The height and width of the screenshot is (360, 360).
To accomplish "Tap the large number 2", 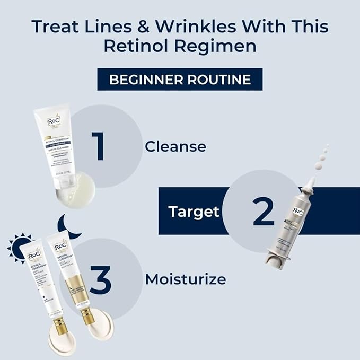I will click(x=263, y=211).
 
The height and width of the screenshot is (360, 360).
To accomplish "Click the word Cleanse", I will click(x=175, y=146).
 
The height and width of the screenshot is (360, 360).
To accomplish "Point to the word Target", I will click(x=194, y=212).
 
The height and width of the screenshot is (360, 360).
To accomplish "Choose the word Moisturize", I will click(x=186, y=278).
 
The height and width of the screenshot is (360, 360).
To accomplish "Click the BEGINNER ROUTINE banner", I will click(x=180, y=80).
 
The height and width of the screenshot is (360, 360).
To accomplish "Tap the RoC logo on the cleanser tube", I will click(x=52, y=120).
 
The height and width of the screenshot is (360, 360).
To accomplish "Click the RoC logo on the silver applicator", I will click(x=298, y=211).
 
